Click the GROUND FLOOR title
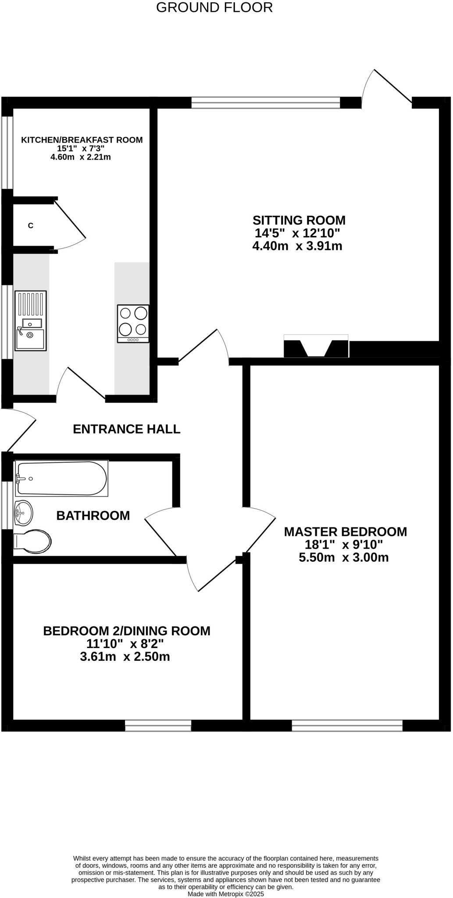point(214,7)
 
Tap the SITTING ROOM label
point(299,220)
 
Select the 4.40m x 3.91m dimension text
point(297,246)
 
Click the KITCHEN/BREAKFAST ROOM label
point(82,140)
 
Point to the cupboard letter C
point(31,226)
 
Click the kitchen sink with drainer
point(30,321)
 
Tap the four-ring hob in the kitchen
point(133,323)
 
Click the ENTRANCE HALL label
point(126,429)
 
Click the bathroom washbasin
point(23,513)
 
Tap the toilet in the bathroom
point(32,541)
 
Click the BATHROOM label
point(93,515)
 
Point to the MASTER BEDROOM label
point(345,532)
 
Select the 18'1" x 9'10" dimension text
point(344,545)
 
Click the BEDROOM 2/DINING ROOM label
point(126,631)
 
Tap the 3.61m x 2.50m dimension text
point(125,657)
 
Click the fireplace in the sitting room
point(316,346)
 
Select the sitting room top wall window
point(265,103)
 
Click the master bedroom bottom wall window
point(347,726)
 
